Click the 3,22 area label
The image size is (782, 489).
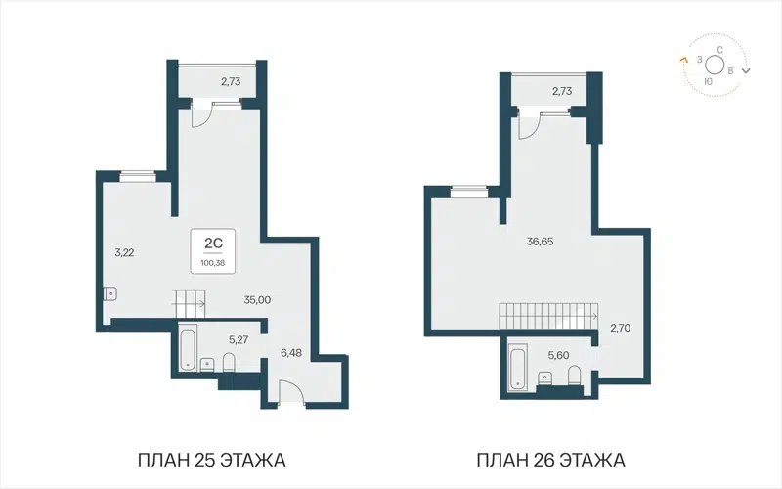124,252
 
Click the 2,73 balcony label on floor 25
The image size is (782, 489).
230,82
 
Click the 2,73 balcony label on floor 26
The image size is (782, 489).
562,91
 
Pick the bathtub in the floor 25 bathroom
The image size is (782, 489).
187,349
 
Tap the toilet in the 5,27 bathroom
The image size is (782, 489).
229,364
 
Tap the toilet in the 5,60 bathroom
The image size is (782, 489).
574,378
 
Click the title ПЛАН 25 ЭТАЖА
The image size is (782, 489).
213,459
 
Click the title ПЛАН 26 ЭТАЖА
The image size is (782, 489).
550,459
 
